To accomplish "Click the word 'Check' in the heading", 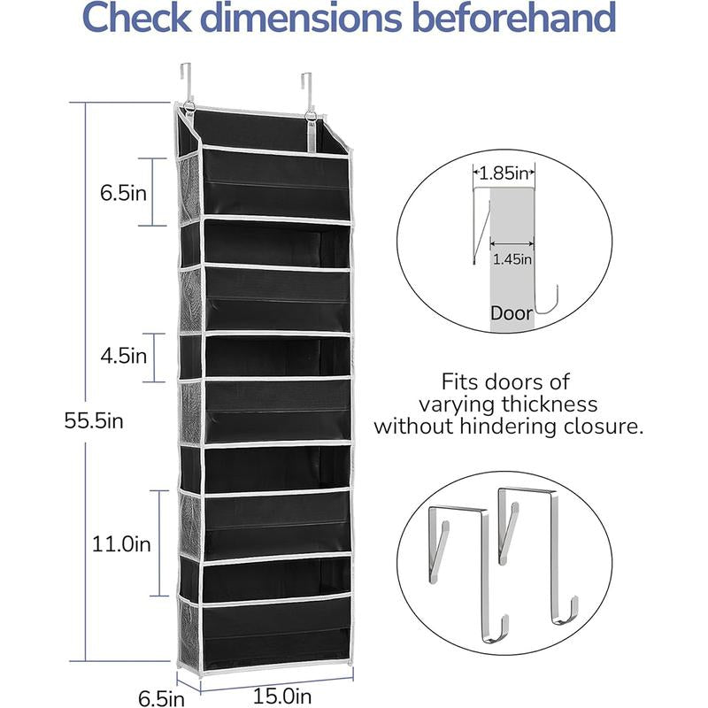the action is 136,18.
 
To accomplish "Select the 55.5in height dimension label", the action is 94,421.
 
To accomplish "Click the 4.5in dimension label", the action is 124,357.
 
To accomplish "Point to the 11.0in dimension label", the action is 121,543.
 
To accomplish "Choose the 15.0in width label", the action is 282,696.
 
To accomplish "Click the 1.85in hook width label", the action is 504,173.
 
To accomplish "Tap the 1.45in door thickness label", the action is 512,259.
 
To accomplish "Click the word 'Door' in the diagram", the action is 512,313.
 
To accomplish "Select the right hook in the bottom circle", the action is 537,555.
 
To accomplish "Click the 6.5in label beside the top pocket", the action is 123,193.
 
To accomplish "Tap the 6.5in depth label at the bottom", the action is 161,698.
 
